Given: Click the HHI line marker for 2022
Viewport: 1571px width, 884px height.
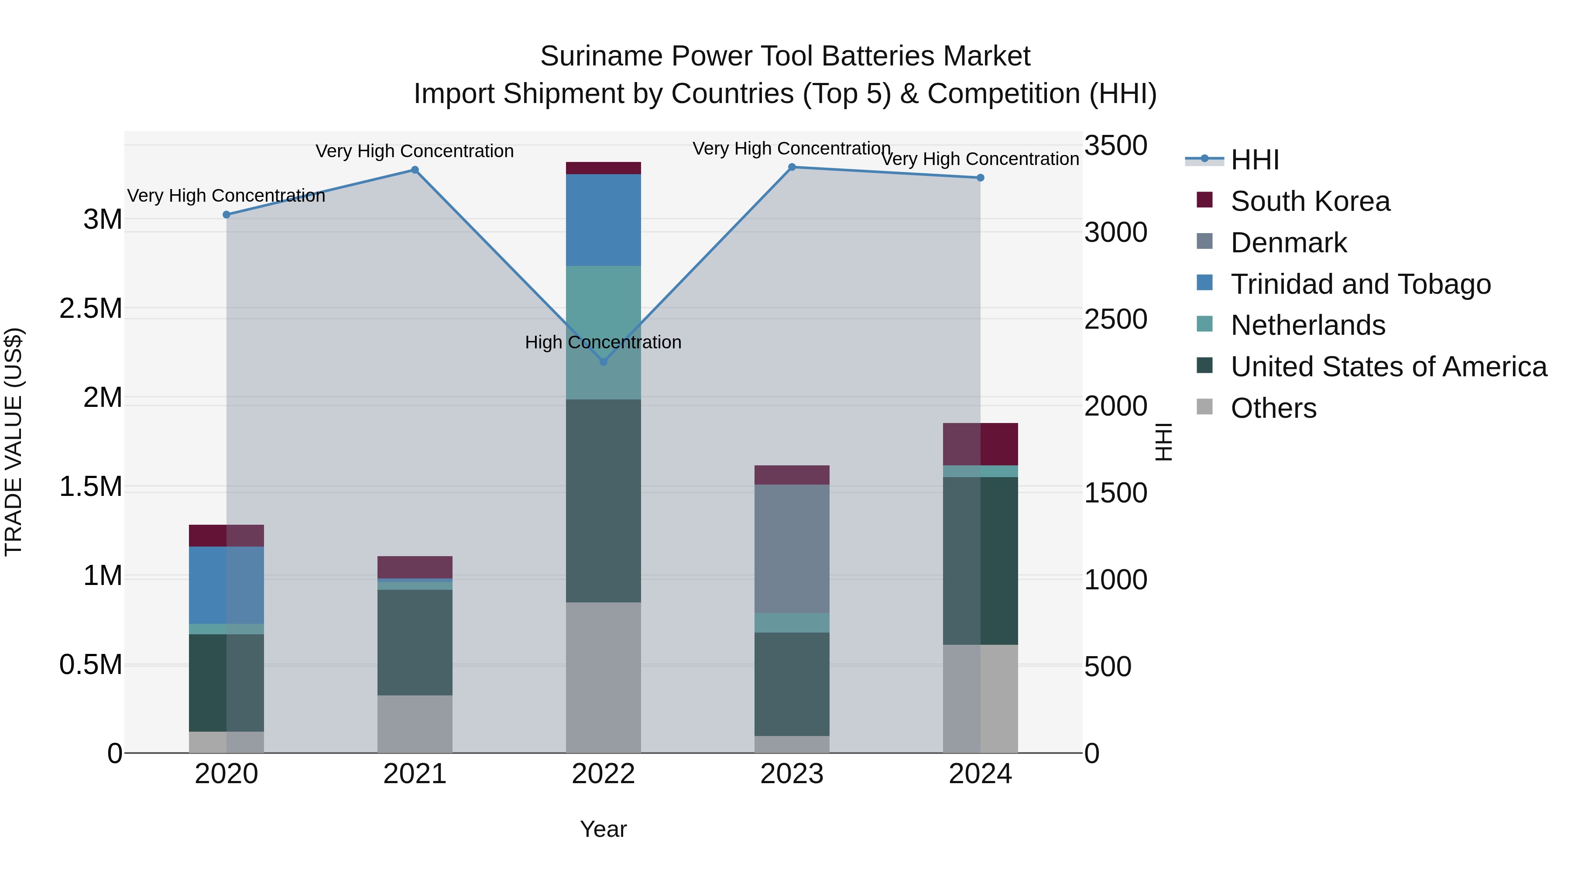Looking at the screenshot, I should click(603, 362).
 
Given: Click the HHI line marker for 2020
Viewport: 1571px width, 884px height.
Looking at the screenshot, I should click(226, 215).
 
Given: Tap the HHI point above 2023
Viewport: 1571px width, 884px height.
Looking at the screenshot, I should click(792, 167).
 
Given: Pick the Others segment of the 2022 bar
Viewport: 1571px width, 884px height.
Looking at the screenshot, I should click(603, 677).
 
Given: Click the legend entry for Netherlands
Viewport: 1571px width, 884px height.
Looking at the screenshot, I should click(1307, 325).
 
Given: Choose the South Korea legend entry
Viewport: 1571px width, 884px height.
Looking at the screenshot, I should click(1310, 201).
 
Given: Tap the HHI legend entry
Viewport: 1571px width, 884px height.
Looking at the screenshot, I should click(1255, 160).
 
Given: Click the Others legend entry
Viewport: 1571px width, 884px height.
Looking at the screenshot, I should click(1273, 408).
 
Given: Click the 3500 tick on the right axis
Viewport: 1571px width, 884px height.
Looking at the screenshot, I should click(1115, 146).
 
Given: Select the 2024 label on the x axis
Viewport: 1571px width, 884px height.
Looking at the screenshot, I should click(980, 774).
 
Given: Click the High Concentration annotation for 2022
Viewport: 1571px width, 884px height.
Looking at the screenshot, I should click(603, 342).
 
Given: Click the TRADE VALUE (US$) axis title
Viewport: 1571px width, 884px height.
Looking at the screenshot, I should click(14, 442).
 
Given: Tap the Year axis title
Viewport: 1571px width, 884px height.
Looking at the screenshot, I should click(603, 829).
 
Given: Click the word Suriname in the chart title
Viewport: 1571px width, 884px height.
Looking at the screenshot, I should click(601, 56).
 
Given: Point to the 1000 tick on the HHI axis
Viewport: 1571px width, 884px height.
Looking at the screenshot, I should click(1115, 580).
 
